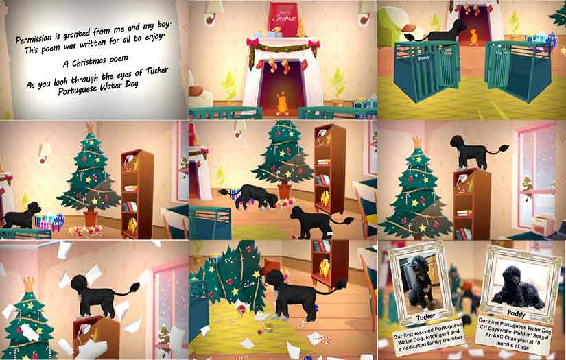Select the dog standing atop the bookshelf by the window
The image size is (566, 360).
click(477, 150)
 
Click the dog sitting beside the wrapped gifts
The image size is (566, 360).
click(21, 215)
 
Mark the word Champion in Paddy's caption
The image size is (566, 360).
click(517, 344)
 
